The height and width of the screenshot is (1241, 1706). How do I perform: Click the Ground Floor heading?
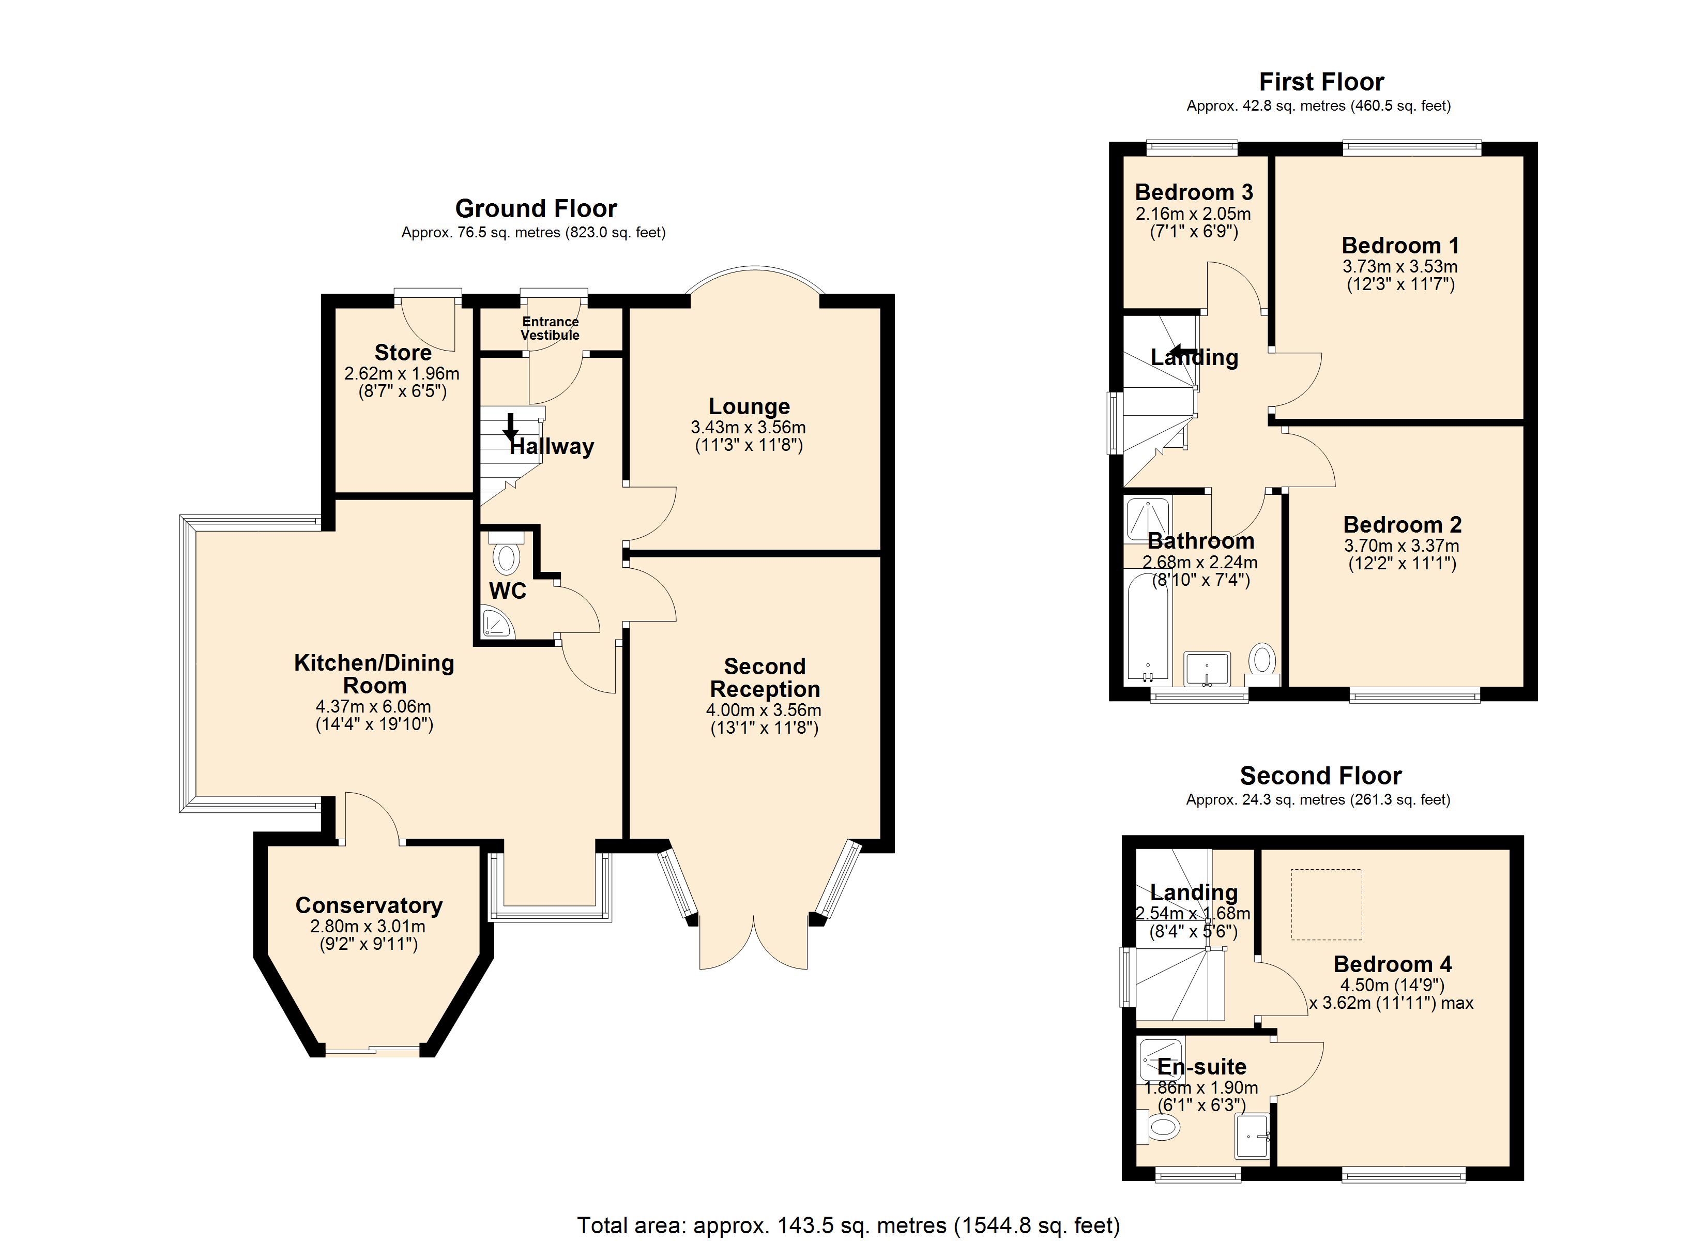pos(536,208)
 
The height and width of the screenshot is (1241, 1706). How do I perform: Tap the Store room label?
pos(403,352)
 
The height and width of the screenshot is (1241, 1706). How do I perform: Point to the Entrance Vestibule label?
pos(551,328)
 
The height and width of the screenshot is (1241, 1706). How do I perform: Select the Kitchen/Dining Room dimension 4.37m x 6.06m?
pos(374,707)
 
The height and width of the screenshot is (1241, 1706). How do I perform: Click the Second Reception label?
pos(765,677)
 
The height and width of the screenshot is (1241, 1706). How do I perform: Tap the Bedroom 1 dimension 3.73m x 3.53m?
pos(1400,266)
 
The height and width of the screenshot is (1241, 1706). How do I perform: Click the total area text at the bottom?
pos(848,1225)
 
